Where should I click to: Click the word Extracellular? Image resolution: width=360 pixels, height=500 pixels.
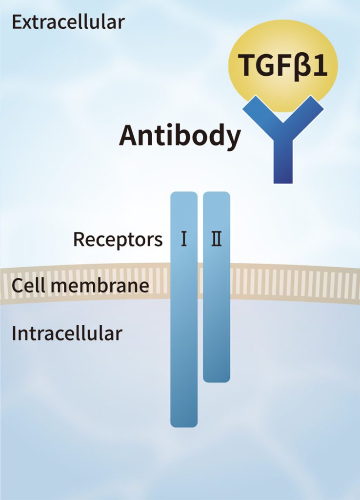(x=68, y=22)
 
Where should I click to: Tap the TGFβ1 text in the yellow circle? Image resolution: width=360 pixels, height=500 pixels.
(x=282, y=65)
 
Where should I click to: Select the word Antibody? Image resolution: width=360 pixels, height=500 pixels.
(x=180, y=135)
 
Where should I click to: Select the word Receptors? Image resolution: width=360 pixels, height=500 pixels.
(x=118, y=240)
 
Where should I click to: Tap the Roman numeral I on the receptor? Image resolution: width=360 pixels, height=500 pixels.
(x=184, y=240)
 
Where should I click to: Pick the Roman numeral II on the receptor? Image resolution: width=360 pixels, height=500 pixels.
(x=216, y=240)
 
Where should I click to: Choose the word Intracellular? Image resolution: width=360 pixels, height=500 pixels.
(x=67, y=333)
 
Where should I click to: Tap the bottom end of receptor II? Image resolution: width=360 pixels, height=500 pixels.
(x=216, y=376)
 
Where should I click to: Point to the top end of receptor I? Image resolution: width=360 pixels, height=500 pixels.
(x=184, y=197)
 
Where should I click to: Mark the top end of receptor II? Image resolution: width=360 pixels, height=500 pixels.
(x=216, y=197)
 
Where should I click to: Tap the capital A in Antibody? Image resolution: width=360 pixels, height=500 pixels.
(x=129, y=135)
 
